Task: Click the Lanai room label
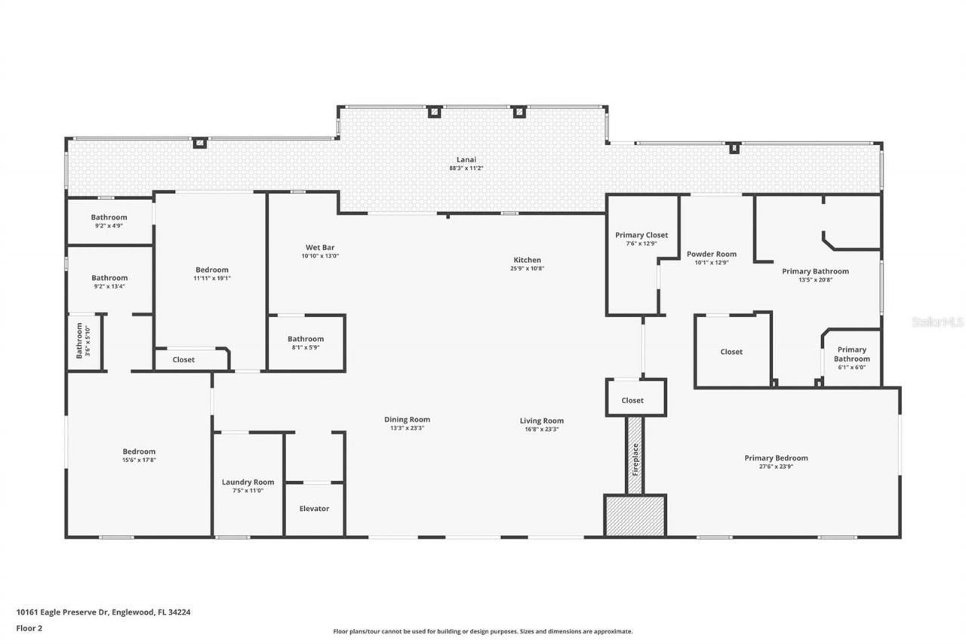pyautogui.click(x=466, y=159)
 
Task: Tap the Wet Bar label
pyautogui.click(x=320, y=248)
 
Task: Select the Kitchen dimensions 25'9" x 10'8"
pyautogui.click(x=527, y=269)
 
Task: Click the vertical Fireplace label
pyautogui.click(x=635, y=457)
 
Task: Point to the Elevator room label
pyautogui.click(x=314, y=509)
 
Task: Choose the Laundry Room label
pyautogui.click(x=248, y=482)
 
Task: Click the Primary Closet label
pyautogui.click(x=641, y=235)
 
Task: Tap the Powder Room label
pyautogui.click(x=711, y=254)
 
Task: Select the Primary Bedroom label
pyautogui.click(x=776, y=458)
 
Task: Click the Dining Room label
pyautogui.click(x=408, y=421)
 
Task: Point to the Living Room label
pyautogui.click(x=541, y=421)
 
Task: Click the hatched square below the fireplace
pyautogui.click(x=635, y=516)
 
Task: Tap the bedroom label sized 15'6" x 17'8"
pyautogui.click(x=140, y=451)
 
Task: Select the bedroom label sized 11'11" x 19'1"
pyautogui.click(x=211, y=270)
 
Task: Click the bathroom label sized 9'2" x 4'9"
pyautogui.click(x=109, y=217)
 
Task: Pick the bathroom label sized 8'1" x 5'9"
pyautogui.click(x=306, y=339)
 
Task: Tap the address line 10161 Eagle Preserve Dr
pyautogui.click(x=103, y=612)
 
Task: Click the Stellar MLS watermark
pyautogui.click(x=937, y=322)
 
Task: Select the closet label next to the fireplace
pyautogui.click(x=632, y=400)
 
